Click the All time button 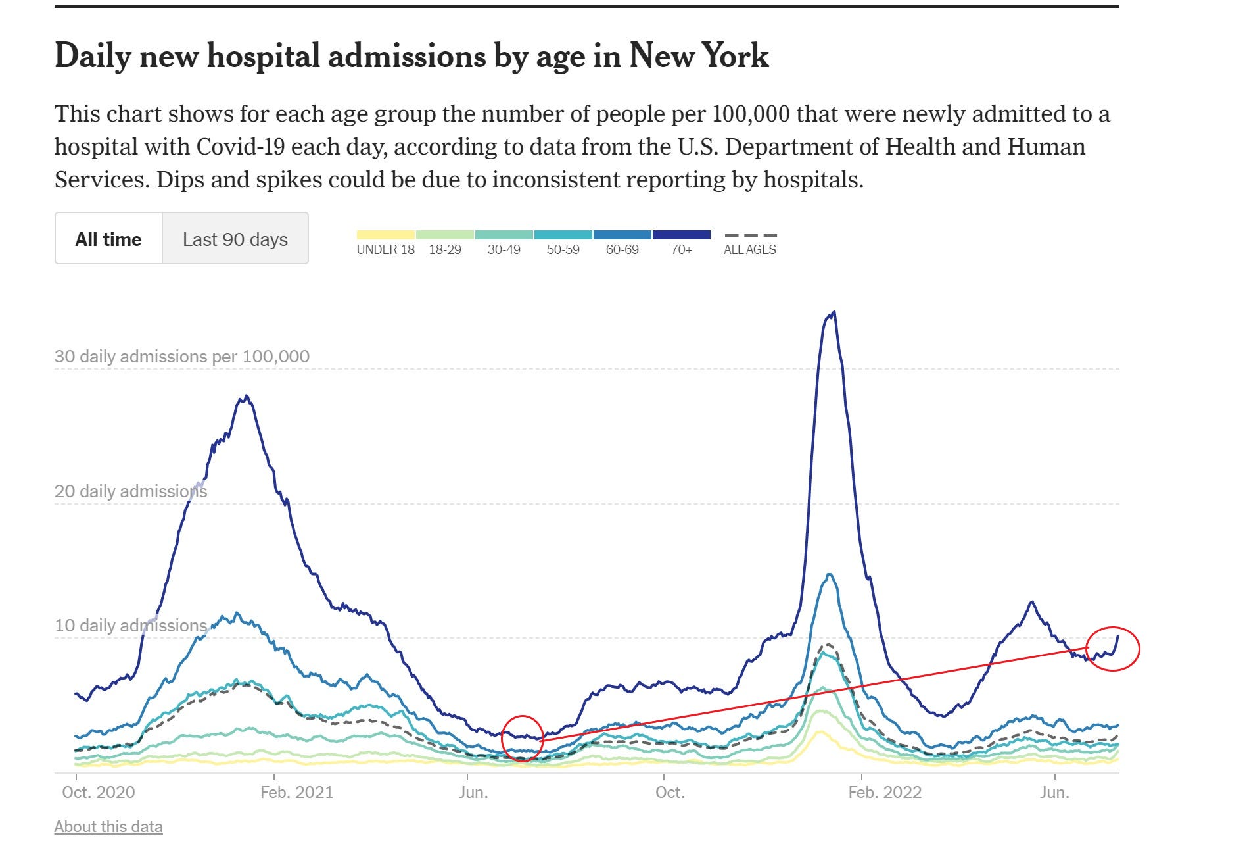coord(108,239)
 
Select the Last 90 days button coord(235,239)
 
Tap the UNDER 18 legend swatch coord(386,235)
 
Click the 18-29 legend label coord(445,250)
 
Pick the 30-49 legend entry coord(504,249)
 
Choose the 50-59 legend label coord(563,250)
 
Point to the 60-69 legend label coord(622,250)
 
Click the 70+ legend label coord(682,250)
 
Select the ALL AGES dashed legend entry coord(750,243)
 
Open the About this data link coord(108,827)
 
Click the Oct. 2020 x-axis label coord(99,792)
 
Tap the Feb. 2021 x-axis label coord(297,792)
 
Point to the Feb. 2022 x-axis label coord(885,792)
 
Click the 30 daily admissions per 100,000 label coord(182,357)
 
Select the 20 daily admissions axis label coord(131,491)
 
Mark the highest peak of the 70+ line coord(834,313)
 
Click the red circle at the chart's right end coord(1112,649)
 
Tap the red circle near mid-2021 coord(523,738)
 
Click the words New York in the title coord(699,56)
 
